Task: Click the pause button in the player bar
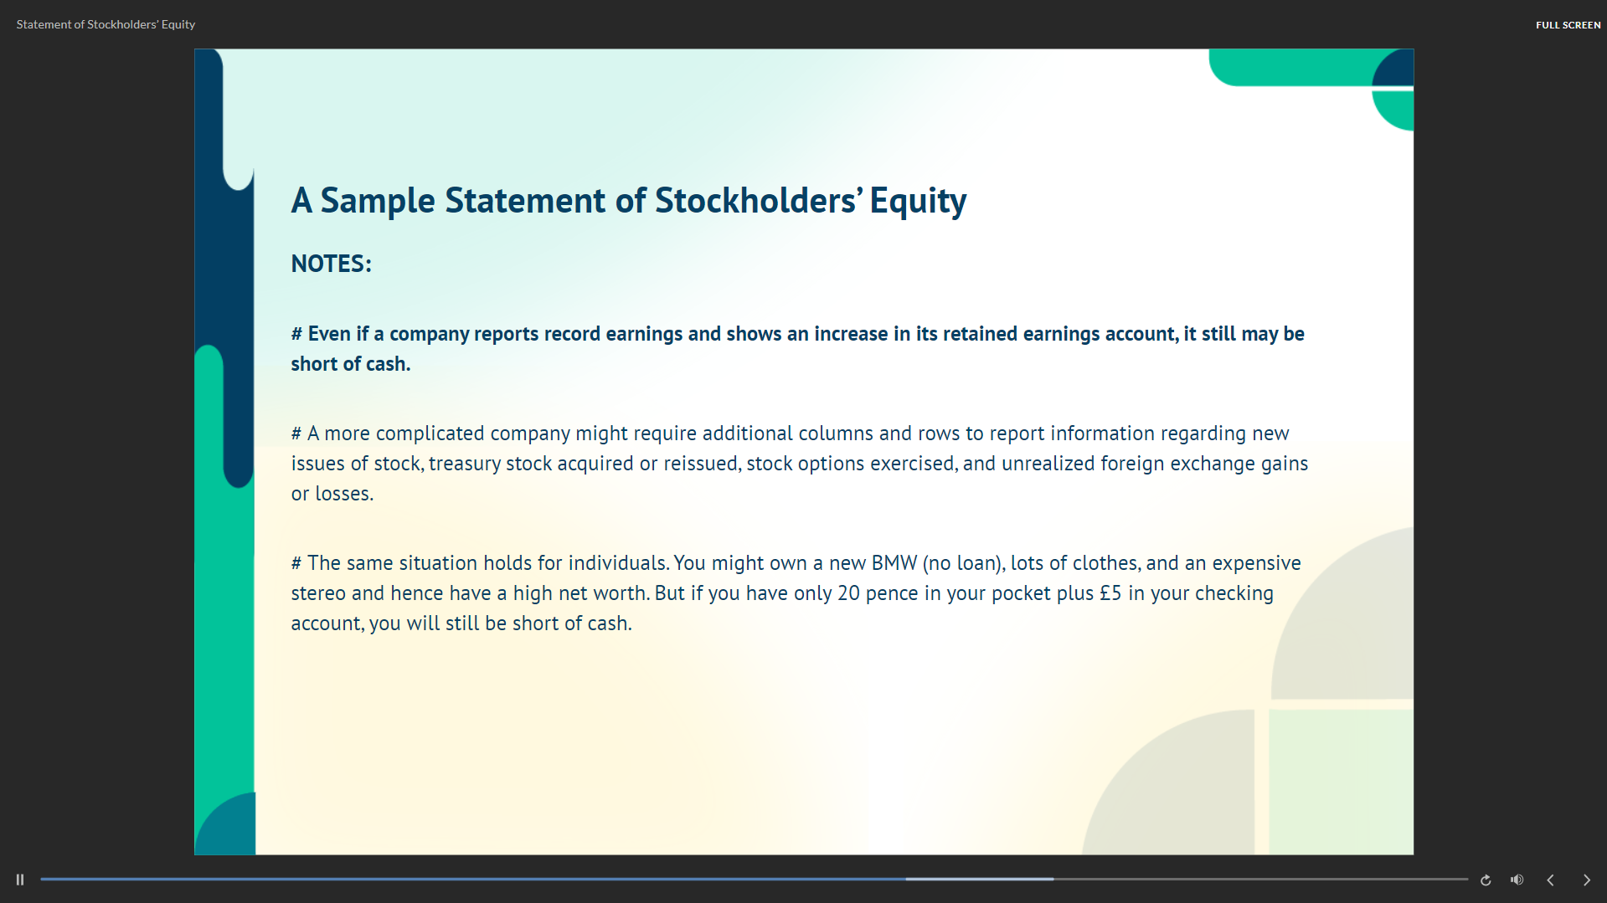pos(20,880)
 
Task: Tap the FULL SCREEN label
pos(1568,25)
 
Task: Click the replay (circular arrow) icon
pos(1486,880)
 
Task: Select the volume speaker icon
pos(1517,880)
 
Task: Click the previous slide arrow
pos(1550,880)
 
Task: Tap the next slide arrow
pos(1586,880)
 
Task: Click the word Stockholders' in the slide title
pos(758,201)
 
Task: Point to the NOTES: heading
pos(331,264)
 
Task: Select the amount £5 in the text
pos(1110,593)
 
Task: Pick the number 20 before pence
pos(848,593)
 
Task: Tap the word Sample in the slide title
pos(378,202)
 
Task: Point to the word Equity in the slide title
pos(918,202)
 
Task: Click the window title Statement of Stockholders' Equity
pos(106,25)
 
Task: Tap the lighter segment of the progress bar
pos(979,880)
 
